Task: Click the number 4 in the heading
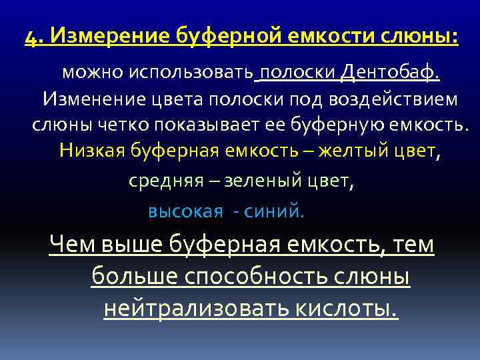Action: click(x=30, y=36)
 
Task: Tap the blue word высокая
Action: click(x=185, y=212)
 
